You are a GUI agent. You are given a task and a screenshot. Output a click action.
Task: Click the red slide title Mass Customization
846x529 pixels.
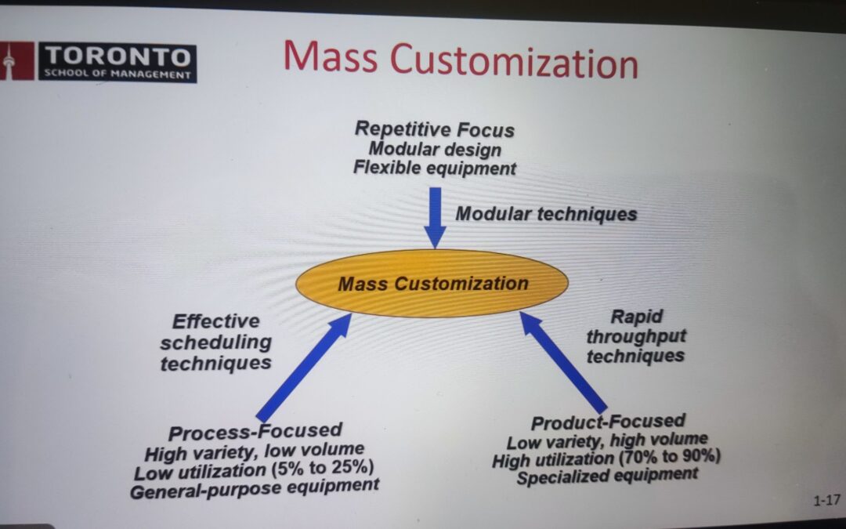tap(461, 60)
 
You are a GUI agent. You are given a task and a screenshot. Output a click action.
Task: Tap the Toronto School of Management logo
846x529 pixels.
tap(98, 62)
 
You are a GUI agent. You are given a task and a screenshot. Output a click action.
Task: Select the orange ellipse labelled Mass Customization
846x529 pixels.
tap(432, 284)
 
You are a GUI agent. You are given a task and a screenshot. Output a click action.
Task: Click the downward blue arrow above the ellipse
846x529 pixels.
tap(435, 218)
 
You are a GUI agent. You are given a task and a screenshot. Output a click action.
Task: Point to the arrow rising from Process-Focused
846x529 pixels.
tap(304, 367)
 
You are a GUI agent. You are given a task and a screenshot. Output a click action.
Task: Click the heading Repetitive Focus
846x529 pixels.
tap(434, 129)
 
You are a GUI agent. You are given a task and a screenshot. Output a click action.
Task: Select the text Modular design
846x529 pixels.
tap(435, 149)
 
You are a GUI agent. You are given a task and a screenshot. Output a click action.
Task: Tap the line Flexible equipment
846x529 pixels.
tap(434, 168)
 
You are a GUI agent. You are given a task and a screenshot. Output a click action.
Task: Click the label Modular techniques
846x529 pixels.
tap(546, 214)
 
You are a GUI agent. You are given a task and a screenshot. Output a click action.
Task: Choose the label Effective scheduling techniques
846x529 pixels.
tap(216, 342)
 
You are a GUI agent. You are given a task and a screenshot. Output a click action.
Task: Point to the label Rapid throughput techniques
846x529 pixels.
tap(636, 335)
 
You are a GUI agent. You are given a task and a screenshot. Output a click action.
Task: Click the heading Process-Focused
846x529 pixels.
tap(255, 431)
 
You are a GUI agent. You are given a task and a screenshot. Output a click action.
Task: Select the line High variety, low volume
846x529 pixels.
tap(254, 451)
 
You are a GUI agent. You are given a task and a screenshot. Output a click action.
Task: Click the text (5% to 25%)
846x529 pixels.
tap(324, 467)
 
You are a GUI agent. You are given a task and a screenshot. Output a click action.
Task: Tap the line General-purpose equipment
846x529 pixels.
tap(255, 488)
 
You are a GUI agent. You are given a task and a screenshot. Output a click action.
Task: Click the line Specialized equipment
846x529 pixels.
tap(608, 476)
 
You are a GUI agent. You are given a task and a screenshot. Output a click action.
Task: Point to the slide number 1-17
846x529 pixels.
tap(826, 500)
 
